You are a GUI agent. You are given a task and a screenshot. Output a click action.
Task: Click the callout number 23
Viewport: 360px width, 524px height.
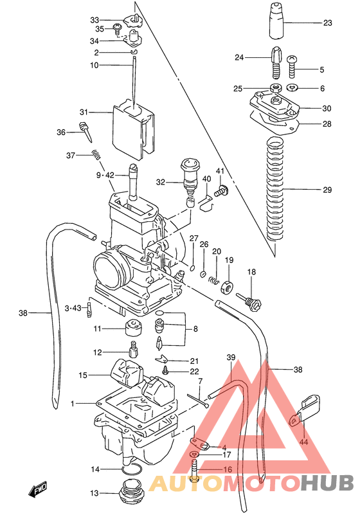(328, 23)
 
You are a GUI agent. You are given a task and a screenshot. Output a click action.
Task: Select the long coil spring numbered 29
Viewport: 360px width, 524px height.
(274, 190)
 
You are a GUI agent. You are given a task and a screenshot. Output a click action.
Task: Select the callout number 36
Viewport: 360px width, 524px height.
(61, 132)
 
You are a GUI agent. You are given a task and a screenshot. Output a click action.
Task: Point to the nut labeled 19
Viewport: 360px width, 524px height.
(226, 287)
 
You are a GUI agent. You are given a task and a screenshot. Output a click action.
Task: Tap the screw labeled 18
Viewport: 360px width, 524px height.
(250, 300)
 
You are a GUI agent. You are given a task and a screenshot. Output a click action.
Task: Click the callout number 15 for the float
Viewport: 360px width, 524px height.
(83, 375)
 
